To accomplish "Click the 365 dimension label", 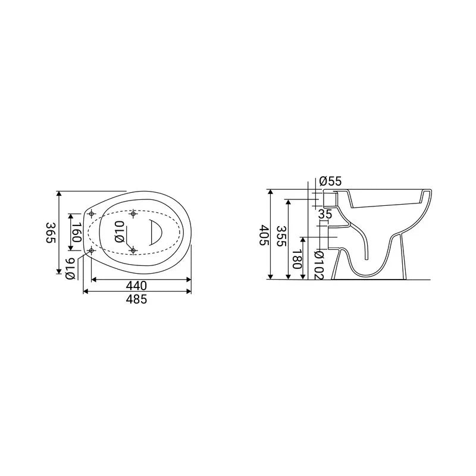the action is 51,233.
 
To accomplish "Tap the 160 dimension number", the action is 77,232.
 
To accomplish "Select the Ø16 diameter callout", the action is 70,268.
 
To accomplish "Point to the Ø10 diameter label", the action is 120,231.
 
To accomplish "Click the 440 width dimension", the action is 137,286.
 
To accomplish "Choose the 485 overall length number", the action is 137,299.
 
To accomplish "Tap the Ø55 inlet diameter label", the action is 331,181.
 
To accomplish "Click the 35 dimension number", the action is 325,214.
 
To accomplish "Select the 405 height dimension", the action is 264,235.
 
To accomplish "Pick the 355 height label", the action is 281,236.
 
